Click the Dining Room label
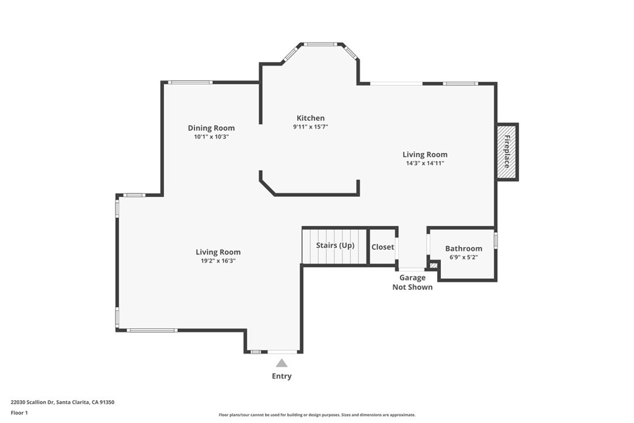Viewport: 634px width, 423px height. (211, 128)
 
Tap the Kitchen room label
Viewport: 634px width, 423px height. (310, 118)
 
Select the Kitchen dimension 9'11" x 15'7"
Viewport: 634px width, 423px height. (310, 126)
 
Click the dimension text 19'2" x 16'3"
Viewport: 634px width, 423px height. (218, 261)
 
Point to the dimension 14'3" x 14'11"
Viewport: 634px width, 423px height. (425, 163)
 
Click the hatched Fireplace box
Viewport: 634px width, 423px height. (506, 152)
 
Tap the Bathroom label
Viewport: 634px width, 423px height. (463, 248)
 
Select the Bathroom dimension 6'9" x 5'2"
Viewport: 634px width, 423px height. (463, 257)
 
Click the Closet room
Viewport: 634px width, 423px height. (383, 246)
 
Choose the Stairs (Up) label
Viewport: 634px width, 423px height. (335, 245)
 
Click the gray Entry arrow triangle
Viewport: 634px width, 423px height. (282, 363)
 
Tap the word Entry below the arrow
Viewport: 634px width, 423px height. (282, 376)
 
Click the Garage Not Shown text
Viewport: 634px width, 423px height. (412, 282)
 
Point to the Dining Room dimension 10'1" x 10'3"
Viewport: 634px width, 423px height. (211, 137)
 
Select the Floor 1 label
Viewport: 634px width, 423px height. (19, 412)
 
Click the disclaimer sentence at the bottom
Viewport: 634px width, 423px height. (316, 415)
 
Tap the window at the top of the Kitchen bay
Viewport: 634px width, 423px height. (320, 44)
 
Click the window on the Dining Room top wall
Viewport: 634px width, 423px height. (191, 82)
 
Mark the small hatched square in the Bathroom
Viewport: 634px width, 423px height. (433, 266)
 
